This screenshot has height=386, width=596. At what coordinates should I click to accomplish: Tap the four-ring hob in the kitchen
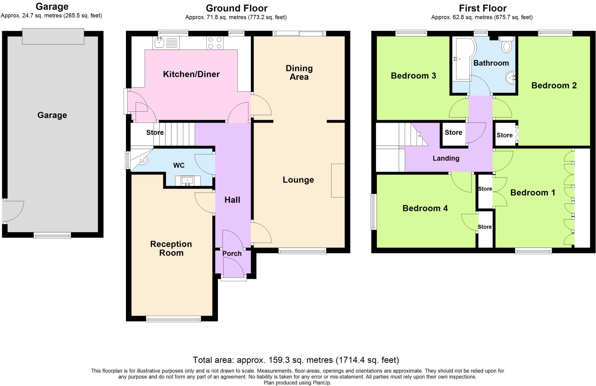tap(215, 43)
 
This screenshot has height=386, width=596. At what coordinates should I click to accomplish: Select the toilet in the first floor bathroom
tap(507, 46)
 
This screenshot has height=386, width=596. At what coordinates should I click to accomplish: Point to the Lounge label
tap(298, 180)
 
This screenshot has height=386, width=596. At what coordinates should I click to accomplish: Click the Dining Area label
tap(299, 73)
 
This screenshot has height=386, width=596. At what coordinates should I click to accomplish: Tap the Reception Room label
tap(171, 248)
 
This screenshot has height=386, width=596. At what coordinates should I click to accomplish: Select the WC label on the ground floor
tap(179, 165)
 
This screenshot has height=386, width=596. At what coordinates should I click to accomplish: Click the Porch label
tap(232, 253)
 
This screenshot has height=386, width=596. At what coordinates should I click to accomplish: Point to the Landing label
tap(446, 158)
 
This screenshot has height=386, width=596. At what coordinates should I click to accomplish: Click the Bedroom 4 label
tap(425, 208)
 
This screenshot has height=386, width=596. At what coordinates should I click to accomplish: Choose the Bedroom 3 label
tap(413, 76)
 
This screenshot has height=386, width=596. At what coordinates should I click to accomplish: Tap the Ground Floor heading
tap(236, 8)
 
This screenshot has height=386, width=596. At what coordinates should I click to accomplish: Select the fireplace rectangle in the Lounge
tap(338, 181)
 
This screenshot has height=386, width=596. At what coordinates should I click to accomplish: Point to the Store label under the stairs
tap(155, 133)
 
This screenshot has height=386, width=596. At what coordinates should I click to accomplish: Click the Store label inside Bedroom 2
tap(504, 135)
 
